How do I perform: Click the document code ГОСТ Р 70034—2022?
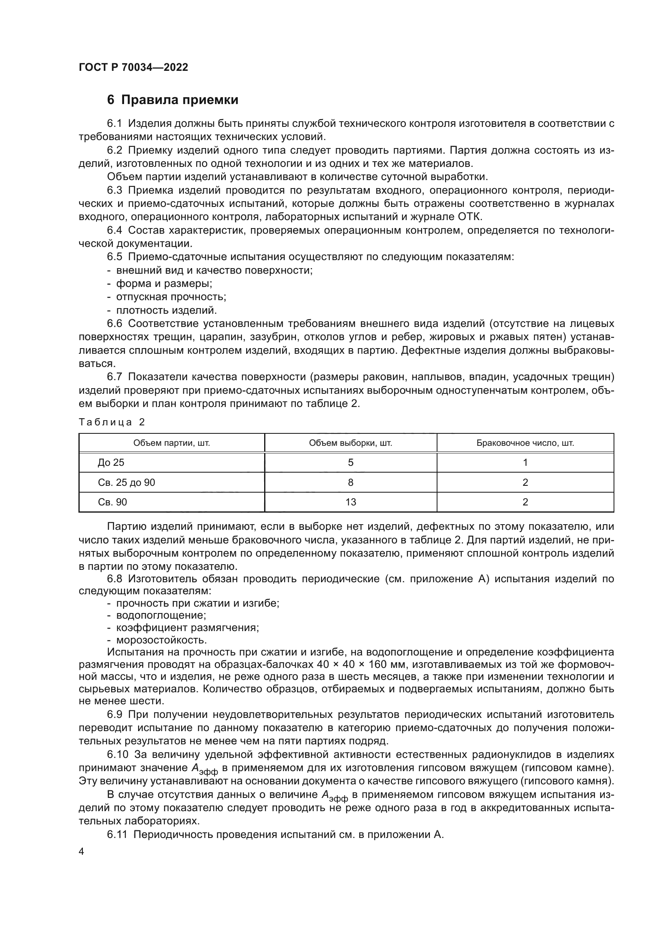[x=133, y=68]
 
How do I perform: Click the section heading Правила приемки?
[x=179, y=100]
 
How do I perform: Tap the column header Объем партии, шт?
[x=172, y=443]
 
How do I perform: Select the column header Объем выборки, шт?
[x=351, y=443]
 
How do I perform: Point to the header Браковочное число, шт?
[x=525, y=443]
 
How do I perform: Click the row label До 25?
[x=111, y=462]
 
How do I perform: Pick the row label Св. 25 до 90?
[x=126, y=482]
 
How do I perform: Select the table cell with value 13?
[x=351, y=502]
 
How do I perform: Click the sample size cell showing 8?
[x=351, y=482]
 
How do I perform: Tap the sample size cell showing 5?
[x=351, y=462]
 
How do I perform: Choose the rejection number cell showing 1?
[x=525, y=462]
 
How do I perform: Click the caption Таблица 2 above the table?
[x=112, y=422]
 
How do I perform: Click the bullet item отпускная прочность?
[x=171, y=297]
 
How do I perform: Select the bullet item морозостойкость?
[x=161, y=639]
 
